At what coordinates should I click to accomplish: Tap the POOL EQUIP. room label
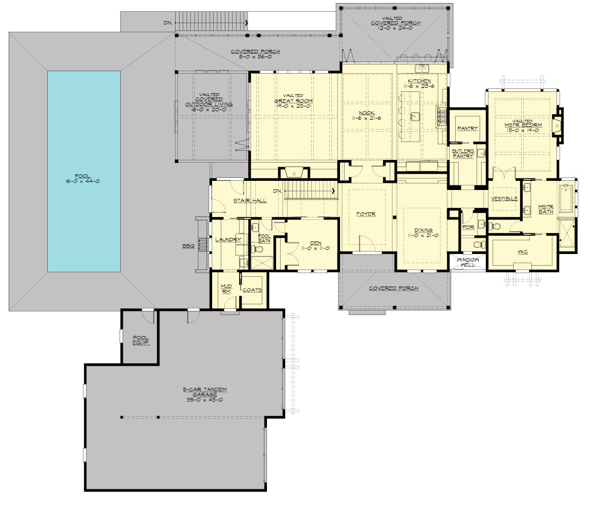click(x=140, y=340)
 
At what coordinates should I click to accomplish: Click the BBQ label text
click(x=189, y=246)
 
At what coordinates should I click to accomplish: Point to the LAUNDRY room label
click(x=228, y=240)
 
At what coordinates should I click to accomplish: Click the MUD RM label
click(x=226, y=289)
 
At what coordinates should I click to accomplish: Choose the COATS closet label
click(x=252, y=290)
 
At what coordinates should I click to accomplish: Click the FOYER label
click(x=365, y=214)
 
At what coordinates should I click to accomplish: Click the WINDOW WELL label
click(x=467, y=262)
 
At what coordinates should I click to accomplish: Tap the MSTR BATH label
click(x=546, y=209)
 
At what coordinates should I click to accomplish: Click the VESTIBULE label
click(x=504, y=199)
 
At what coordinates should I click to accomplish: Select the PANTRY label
click(x=467, y=129)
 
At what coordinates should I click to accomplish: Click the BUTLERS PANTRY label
click(x=463, y=153)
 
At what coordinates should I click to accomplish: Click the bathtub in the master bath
click(x=566, y=199)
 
